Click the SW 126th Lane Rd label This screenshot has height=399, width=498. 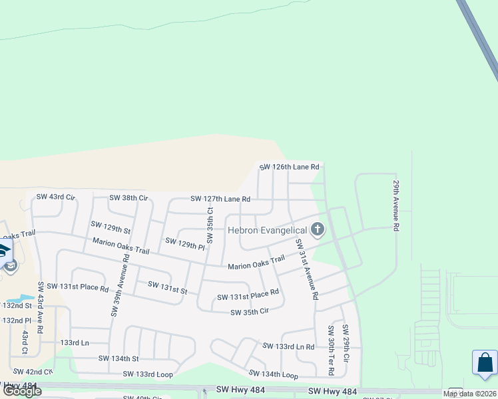click(289, 167)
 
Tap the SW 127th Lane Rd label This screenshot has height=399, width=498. click(220, 199)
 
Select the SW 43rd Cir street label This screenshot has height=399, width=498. click(56, 197)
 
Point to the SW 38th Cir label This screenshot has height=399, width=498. click(128, 198)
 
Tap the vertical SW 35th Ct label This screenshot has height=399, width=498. click(210, 225)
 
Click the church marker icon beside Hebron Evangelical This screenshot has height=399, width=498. click(318, 230)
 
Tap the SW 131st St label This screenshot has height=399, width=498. click(167, 288)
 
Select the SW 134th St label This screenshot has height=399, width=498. click(119, 358)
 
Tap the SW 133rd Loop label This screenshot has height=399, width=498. click(148, 374)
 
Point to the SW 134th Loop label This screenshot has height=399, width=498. click(273, 375)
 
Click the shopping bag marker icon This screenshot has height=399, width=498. click(485, 363)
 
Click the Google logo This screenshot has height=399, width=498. click(22, 391)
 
